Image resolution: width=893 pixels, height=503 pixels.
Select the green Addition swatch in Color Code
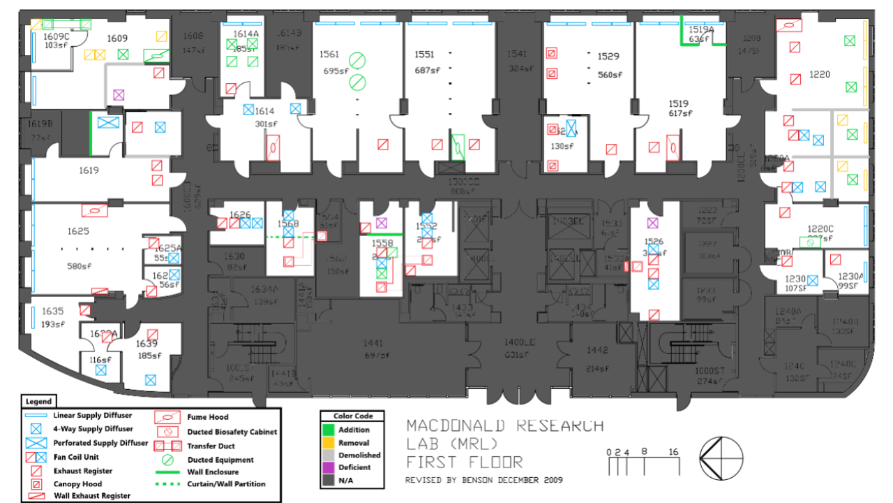tap(329, 430)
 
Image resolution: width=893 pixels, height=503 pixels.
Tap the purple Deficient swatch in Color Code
tap(329, 467)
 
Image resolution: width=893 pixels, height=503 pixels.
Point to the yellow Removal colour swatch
tap(329, 442)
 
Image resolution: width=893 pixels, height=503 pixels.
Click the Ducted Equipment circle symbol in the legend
tap(168, 460)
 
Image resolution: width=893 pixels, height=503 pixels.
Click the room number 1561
tap(329, 54)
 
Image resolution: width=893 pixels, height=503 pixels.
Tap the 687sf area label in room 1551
tap(426, 71)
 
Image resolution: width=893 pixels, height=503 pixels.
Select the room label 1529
tap(608, 56)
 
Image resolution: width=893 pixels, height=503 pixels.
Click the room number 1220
tap(819, 74)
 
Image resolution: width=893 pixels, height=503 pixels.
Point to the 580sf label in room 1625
tap(79, 265)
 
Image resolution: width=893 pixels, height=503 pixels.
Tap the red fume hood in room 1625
tap(94, 209)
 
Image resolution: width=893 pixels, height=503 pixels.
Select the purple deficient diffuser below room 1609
tap(119, 94)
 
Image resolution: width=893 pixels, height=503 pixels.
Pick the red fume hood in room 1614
tap(274, 148)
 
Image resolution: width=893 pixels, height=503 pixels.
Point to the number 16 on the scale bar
tap(673, 452)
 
